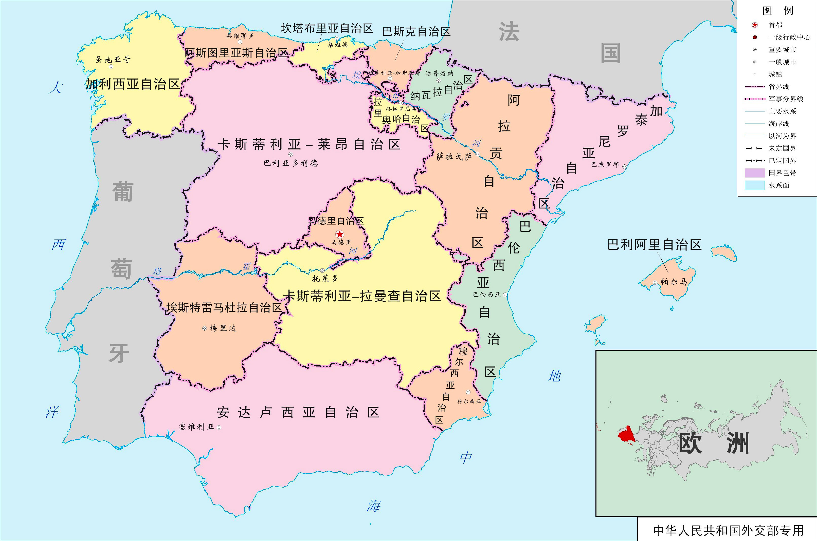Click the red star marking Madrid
340,234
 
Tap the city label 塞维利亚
196,427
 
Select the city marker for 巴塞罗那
624,167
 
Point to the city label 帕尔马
674,282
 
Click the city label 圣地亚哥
113,59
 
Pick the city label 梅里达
223,328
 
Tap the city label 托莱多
324,278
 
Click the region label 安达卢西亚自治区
298,412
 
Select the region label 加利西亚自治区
133,84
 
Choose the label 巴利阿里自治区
654,245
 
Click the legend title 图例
778,11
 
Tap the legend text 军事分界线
786,99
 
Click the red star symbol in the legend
755,25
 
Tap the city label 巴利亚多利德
291,163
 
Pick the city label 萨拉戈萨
454,157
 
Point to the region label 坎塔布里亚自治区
327,28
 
